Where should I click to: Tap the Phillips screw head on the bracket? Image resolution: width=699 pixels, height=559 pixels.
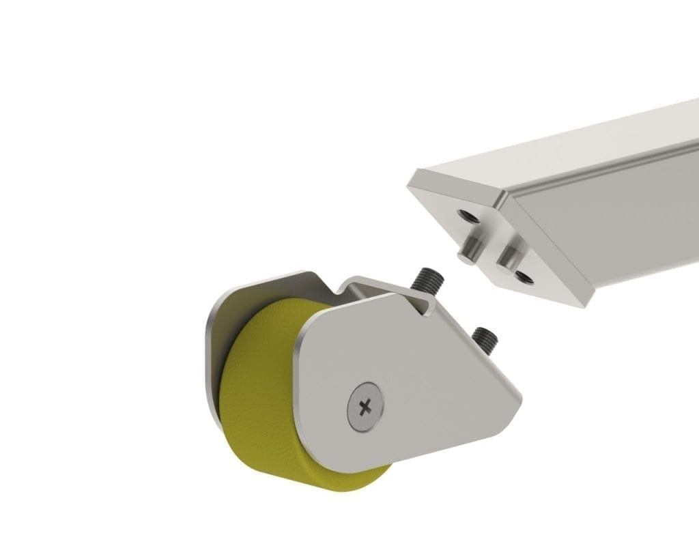tap(365, 407)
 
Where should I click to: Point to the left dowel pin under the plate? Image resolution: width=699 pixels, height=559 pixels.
tap(468, 250)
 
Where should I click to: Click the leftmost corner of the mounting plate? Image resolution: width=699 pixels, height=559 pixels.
tap(410, 183)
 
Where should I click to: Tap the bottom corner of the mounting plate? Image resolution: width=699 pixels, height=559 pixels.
tap(584, 305)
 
